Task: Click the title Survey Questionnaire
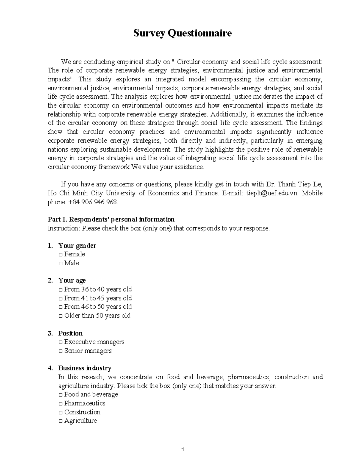pyautogui.click(x=182, y=33)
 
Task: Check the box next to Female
pyautogui.click(x=61, y=255)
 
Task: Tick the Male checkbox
pyautogui.click(x=61, y=263)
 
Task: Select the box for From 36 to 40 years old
pyautogui.click(x=61, y=290)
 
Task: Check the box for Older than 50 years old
pyautogui.click(x=61, y=316)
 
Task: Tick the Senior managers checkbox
pyautogui.click(x=61, y=351)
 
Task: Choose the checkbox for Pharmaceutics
pyautogui.click(x=61, y=404)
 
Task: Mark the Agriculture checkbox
pyautogui.click(x=61, y=421)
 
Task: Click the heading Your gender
pyautogui.click(x=77, y=246)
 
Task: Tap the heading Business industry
pyautogui.click(x=85, y=368)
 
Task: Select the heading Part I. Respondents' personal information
pyautogui.click(x=111, y=219)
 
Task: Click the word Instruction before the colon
pyautogui.click(x=63, y=228)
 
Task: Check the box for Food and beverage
pyautogui.click(x=61, y=395)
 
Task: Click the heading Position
pyautogui.click(x=70, y=333)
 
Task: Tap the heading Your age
pyautogui.click(x=72, y=281)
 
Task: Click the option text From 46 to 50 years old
pyautogui.click(x=98, y=307)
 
